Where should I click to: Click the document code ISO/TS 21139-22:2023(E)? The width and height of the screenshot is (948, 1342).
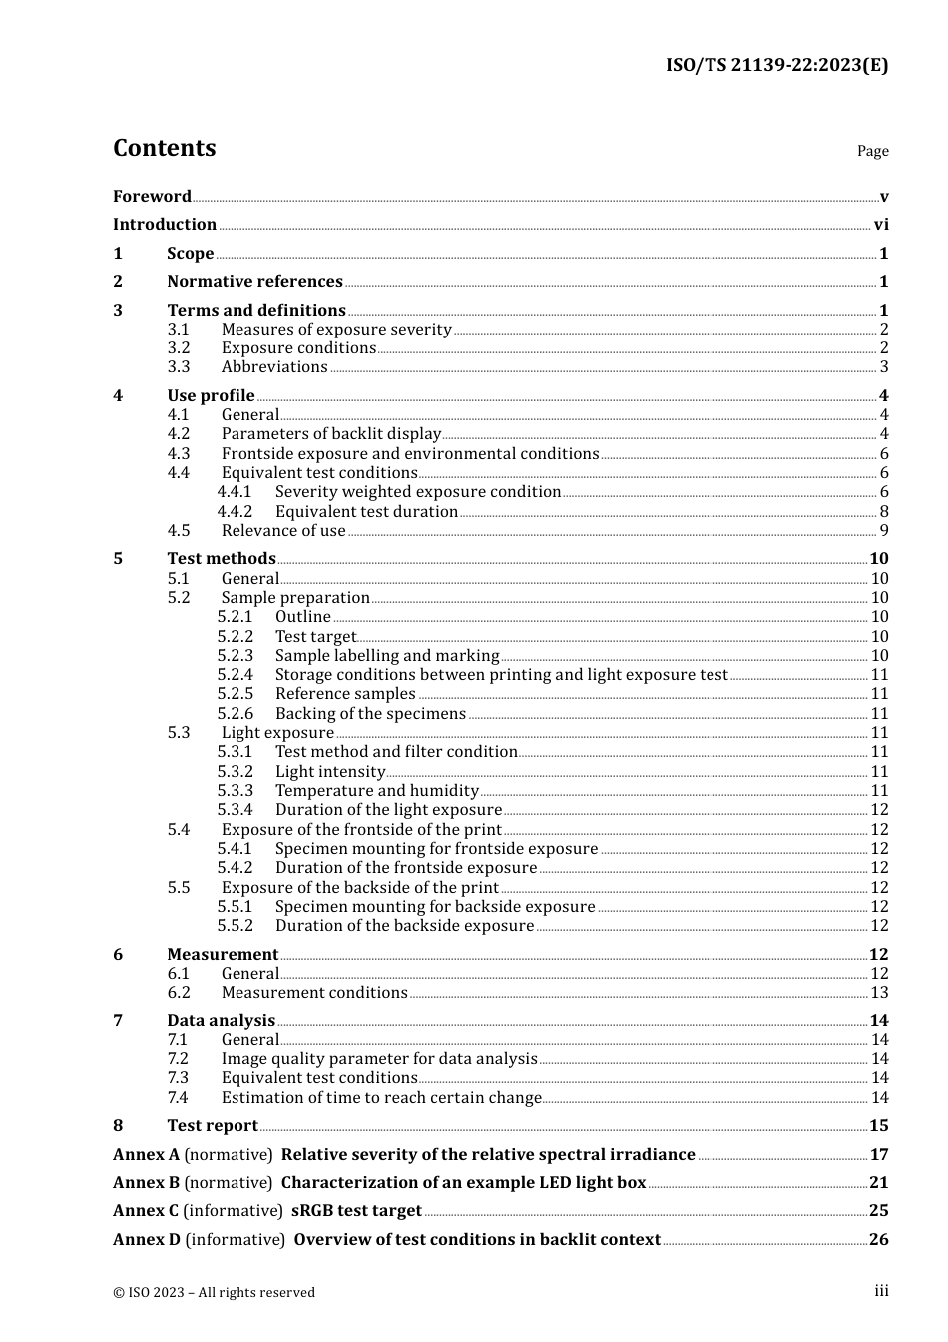click(x=776, y=66)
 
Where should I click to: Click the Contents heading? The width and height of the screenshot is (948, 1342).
click(x=164, y=148)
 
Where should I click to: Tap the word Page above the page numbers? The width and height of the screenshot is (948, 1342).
click(x=872, y=151)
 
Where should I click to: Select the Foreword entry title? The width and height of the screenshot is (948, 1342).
click(x=152, y=197)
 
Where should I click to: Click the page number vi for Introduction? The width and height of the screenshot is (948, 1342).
click(x=881, y=225)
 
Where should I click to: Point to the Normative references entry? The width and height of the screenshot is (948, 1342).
click(x=254, y=282)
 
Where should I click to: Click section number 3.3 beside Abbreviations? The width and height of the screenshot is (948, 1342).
click(x=179, y=367)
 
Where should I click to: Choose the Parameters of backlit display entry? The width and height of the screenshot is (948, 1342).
click(x=330, y=434)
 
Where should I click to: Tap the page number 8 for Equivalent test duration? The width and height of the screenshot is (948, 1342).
click(x=884, y=512)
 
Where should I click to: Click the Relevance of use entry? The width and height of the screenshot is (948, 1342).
click(x=283, y=531)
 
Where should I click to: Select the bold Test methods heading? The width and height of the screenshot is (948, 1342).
click(x=221, y=559)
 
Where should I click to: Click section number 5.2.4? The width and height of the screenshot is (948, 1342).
click(x=236, y=675)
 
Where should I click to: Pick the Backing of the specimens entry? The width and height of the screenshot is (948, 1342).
click(x=370, y=714)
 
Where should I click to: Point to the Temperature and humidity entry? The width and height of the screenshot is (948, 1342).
click(x=377, y=791)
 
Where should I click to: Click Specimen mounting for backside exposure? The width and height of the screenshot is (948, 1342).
click(x=435, y=907)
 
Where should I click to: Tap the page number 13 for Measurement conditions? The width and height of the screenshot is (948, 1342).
click(x=879, y=993)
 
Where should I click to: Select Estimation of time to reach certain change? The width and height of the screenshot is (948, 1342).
click(x=381, y=1098)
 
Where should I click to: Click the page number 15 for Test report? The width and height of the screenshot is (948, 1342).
click(x=878, y=1126)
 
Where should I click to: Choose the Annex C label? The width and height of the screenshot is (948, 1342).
click(x=146, y=1211)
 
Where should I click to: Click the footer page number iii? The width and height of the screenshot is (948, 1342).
click(x=881, y=1291)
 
